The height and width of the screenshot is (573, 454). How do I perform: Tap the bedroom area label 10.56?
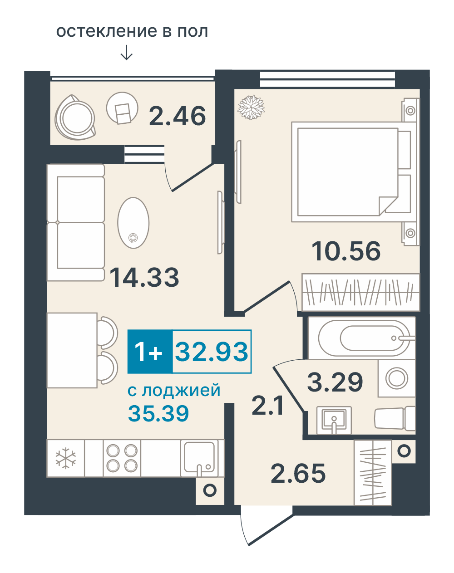point(346,251)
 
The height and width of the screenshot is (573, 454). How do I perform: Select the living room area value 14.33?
point(144,277)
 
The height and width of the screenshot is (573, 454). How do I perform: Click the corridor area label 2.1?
point(267,405)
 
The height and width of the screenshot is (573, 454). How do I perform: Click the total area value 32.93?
point(212,351)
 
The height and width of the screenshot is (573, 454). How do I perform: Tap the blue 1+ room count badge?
point(150,352)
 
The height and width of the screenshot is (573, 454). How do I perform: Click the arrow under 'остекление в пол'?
point(126,53)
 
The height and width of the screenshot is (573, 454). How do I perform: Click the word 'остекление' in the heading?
point(107,31)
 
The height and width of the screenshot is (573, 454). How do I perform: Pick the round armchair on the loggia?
point(75,118)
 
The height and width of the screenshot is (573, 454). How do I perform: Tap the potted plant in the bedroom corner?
point(251,108)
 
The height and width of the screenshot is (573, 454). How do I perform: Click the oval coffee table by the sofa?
point(133,223)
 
